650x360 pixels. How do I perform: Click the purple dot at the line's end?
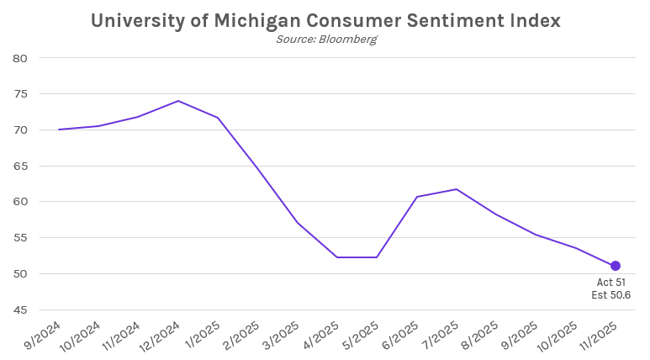615,266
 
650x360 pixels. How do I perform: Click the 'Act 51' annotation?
611,283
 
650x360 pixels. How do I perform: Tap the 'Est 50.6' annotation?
611,295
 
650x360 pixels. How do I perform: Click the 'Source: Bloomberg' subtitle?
325,40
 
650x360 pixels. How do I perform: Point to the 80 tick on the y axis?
21,58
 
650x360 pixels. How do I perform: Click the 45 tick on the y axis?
21,310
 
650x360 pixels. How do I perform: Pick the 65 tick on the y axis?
21,166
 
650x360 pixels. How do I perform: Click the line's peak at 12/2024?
178,101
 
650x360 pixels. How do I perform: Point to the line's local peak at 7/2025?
456,189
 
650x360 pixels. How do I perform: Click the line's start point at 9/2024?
59,130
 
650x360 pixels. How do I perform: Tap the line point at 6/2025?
416,197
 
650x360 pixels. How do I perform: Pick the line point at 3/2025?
297,223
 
